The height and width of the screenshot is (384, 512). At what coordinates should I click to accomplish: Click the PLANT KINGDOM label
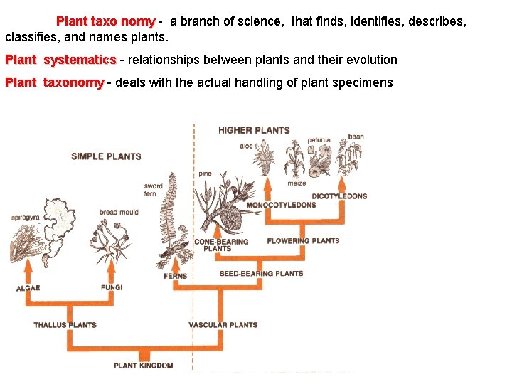click(143, 366)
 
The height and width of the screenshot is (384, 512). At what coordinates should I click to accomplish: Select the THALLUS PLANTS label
click(65, 325)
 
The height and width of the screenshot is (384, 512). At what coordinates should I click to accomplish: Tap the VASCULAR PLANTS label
click(223, 325)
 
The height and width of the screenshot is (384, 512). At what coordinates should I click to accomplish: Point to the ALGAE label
click(28, 288)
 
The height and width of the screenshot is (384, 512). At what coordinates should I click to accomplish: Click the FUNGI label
click(112, 287)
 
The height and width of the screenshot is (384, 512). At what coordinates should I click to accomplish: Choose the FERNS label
click(175, 276)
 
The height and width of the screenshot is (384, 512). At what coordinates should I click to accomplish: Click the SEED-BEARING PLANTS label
click(261, 273)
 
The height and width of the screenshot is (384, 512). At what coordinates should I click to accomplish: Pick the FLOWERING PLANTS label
click(303, 240)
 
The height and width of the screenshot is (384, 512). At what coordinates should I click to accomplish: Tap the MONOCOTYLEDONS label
click(281, 206)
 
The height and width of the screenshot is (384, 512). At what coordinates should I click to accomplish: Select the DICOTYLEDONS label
click(339, 196)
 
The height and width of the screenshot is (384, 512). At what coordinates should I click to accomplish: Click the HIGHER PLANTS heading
click(254, 130)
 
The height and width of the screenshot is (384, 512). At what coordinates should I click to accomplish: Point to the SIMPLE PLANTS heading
click(106, 156)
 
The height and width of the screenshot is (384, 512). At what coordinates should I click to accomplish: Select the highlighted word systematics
click(80, 60)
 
